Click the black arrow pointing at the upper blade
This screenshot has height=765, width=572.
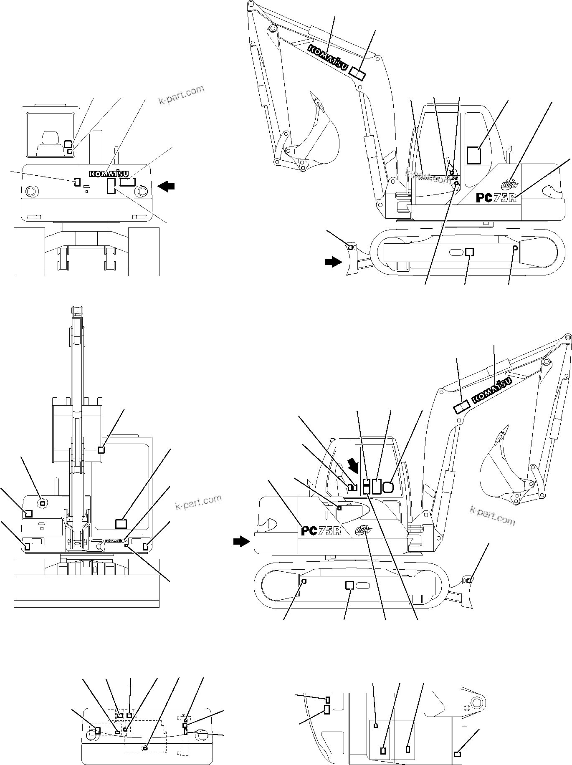click(x=333, y=262)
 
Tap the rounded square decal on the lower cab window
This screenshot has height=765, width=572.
click(x=388, y=487)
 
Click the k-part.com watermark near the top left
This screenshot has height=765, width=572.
click(x=181, y=95)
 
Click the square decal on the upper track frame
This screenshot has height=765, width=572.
click(x=470, y=252)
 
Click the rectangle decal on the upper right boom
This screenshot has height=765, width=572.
click(x=357, y=74)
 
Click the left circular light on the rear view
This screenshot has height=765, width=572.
click(x=31, y=192)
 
